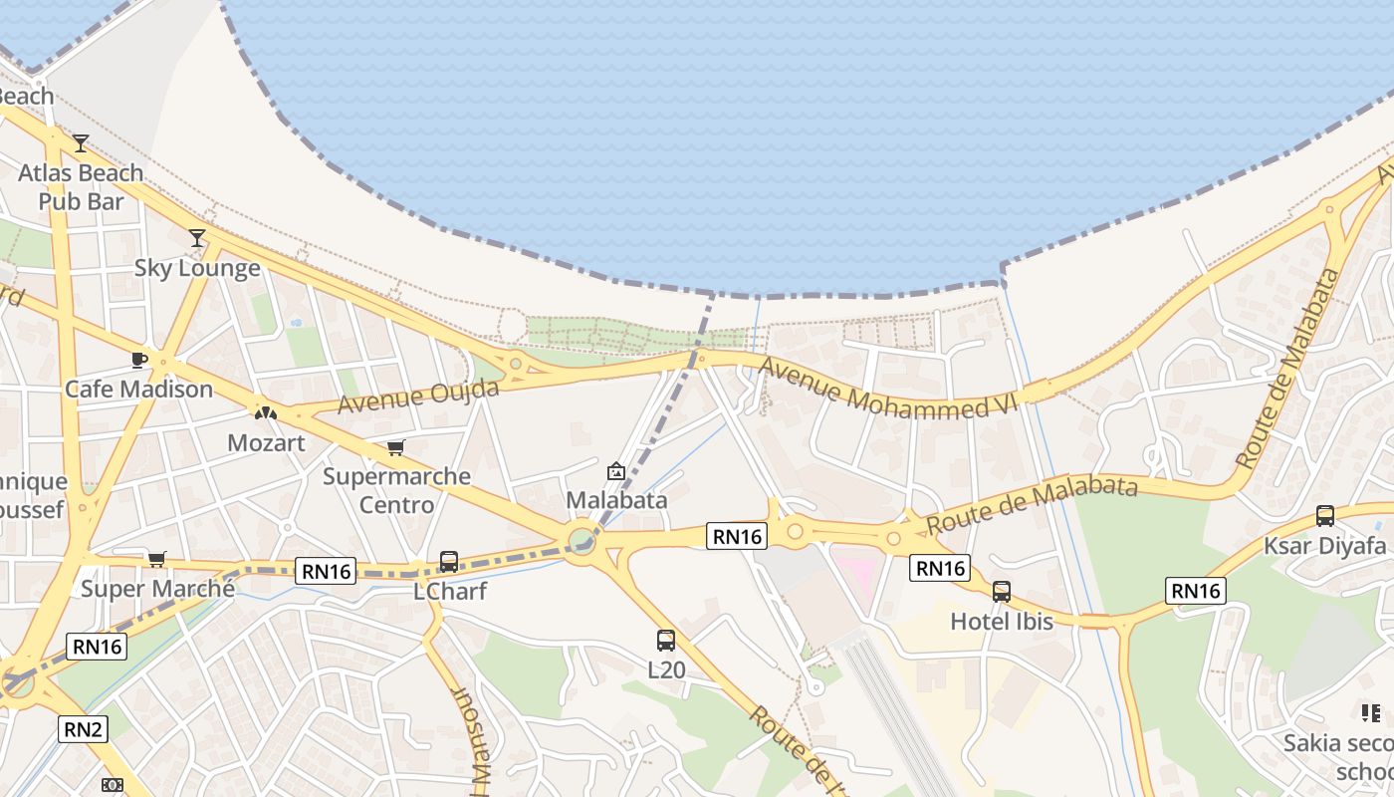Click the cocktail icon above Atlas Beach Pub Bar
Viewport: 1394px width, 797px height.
[81, 143]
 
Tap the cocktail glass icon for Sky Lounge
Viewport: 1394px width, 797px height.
[197, 238]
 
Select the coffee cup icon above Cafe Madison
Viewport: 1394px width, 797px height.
[138, 360]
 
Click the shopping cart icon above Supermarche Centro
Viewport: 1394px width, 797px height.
[395, 447]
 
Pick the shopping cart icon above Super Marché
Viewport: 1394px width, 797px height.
[156, 559]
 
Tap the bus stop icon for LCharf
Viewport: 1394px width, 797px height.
[449, 562]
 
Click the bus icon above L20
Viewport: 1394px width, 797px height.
[666, 641]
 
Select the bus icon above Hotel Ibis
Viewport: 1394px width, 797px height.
[1002, 592]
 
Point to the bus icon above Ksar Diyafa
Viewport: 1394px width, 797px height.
[1325, 516]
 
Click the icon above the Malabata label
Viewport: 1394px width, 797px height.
[616, 471]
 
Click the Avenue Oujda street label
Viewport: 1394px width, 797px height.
[417, 397]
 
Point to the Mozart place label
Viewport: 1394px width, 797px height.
[266, 442]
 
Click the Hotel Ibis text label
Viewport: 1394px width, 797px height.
[1002, 622]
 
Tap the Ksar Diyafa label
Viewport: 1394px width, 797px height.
[1325, 546]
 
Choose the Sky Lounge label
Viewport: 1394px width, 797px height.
[197, 268]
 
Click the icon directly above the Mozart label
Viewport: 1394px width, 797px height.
[266, 412]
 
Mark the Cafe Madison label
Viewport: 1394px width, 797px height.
[138, 389]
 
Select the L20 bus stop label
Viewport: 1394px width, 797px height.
[666, 669]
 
